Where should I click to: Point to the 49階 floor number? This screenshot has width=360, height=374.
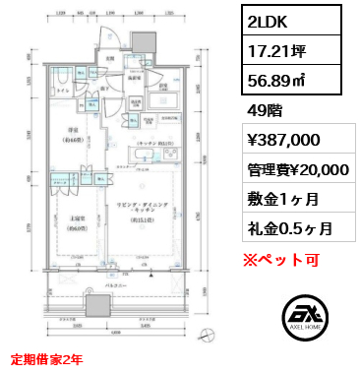(x=265, y=110)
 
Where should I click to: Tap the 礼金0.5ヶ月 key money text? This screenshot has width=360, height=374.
(x=289, y=228)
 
